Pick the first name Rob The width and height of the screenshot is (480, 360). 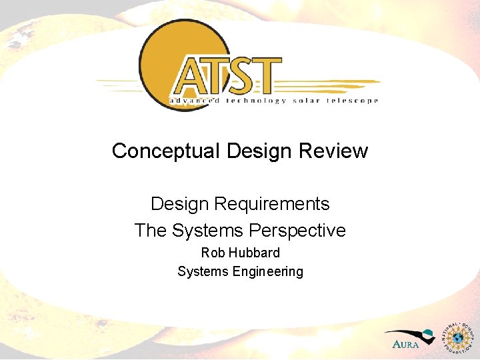pos(213,253)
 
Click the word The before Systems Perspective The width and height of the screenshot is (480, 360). pos(151,231)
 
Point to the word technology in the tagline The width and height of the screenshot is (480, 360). pos(257,101)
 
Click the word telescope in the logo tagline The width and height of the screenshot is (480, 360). pos(353,101)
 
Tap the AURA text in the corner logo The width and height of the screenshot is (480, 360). pos(406,345)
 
